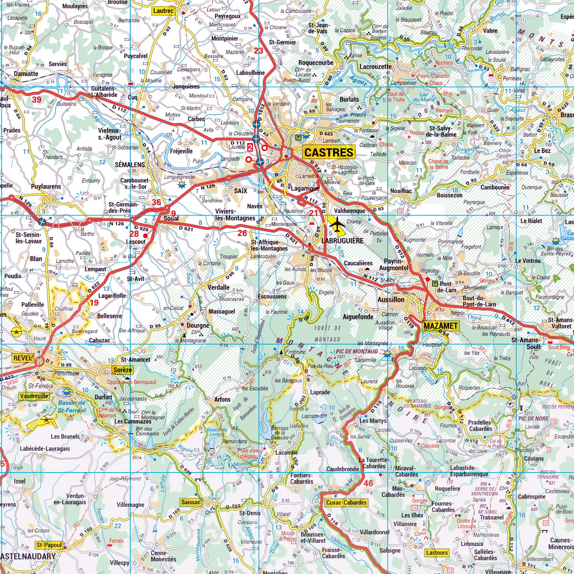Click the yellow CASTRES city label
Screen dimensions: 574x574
click(329, 152)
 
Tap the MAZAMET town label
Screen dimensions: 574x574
click(440, 326)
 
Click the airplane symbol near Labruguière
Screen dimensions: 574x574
click(337, 225)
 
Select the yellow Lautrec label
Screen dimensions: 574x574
click(163, 11)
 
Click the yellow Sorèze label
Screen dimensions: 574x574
click(122, 370)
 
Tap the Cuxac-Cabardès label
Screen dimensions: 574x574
click(346, 502)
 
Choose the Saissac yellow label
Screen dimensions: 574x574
click(191, 502)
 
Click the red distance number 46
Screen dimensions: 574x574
click(369, 483)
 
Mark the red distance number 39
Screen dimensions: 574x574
click(36, 100)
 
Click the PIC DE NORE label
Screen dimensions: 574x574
click(533, 419)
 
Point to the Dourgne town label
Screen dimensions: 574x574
click(198, 325)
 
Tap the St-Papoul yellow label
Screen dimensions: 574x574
click(49, 545)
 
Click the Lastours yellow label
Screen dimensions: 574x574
click(437, 553)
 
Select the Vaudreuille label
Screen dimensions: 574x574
click(34, 396)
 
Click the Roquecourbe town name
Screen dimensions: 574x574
click(316, 63)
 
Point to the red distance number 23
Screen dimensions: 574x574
click(259, 51)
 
